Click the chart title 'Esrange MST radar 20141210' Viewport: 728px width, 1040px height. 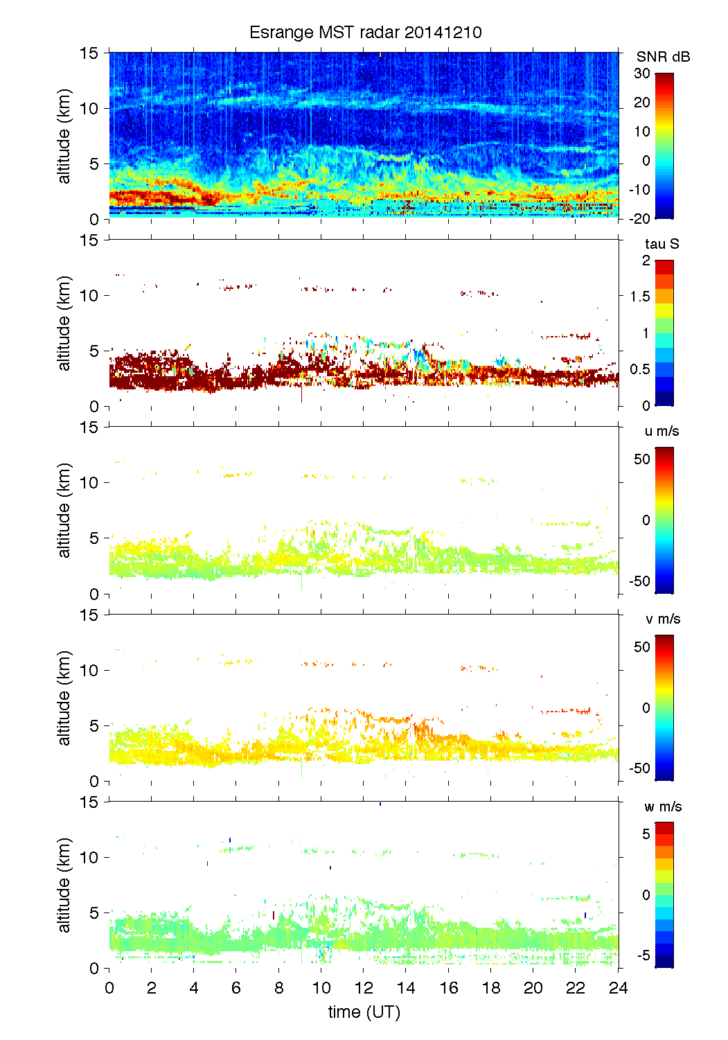365,33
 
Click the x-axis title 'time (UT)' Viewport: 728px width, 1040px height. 364,1012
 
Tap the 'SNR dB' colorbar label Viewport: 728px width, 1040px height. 663,57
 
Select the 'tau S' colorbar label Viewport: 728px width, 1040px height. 662,244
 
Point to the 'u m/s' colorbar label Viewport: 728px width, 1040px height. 662,431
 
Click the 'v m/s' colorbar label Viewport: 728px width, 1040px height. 662,619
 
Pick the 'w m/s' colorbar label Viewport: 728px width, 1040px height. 662,807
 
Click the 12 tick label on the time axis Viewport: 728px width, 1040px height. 364,988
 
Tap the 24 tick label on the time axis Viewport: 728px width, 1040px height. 618,988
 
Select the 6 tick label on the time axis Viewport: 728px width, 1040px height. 236,988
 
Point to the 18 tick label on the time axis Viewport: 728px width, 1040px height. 491,988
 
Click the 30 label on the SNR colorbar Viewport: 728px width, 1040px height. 642,73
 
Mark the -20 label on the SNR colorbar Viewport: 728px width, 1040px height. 639,218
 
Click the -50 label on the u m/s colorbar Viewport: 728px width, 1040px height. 639,581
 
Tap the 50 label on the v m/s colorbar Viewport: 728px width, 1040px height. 642,647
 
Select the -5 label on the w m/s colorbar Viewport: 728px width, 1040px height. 642,955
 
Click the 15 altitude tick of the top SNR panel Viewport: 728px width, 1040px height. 90,53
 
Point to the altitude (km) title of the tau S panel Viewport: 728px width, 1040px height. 64,323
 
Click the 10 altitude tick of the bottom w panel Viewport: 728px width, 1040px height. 90,858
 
